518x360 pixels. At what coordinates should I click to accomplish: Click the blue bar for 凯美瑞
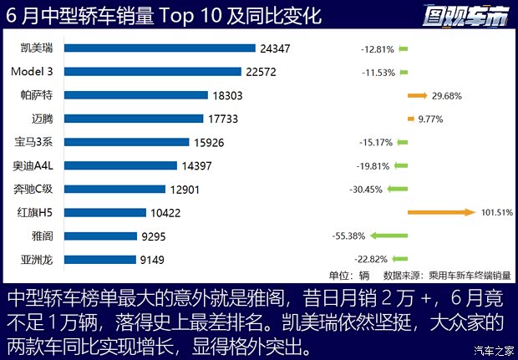(160, 48)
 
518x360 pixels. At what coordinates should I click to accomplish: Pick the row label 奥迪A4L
(34, 165)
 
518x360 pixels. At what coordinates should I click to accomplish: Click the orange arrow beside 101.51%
(440, 212)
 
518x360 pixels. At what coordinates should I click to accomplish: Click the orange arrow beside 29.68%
(417, 95)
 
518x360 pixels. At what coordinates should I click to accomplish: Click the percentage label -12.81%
(377, 48)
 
